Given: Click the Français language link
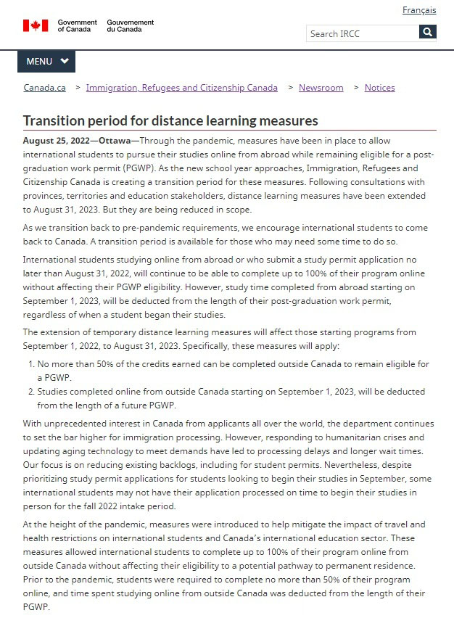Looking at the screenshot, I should [x=419, y=10].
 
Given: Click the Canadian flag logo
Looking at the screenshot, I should [x=36, y=25].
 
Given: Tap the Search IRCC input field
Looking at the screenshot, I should [x=362, y=33].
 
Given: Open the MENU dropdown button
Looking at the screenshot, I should [x=46, y=62].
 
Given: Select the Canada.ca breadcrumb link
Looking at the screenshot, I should [x=44, y=88].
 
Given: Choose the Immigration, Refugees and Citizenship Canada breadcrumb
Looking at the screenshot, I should [x=181, y=88].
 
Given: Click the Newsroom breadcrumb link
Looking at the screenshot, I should [x=321, y=88].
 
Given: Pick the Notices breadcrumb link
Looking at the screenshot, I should [x=379, y=88].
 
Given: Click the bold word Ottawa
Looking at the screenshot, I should [x=115, y=141].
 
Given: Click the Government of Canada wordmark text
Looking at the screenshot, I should [x=77, y=25].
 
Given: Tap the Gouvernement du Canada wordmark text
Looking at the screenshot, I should [x=130, y=25].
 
